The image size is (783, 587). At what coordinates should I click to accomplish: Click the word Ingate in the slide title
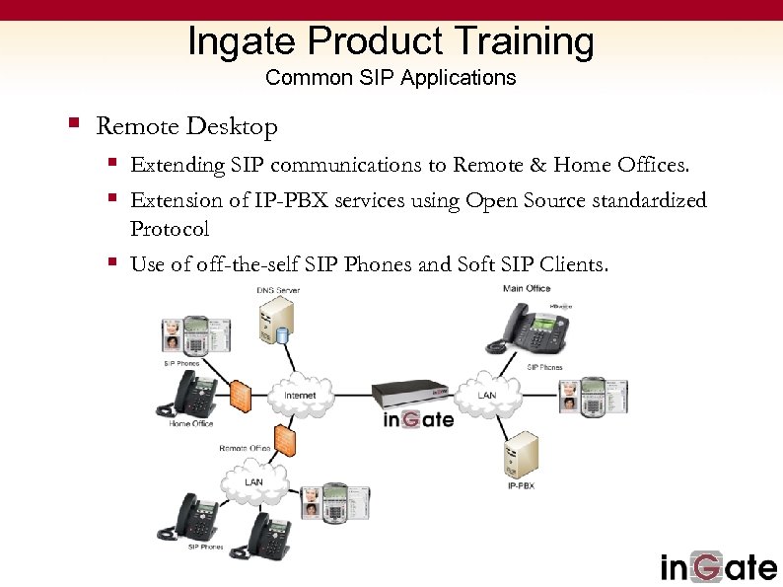(243, 41)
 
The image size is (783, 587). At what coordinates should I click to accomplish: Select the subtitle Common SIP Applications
(391, 77)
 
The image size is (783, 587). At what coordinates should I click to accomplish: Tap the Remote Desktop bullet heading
(186, 126)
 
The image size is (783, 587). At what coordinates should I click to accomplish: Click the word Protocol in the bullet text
(170, 229)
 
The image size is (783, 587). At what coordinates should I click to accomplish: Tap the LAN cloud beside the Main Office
(487, 394)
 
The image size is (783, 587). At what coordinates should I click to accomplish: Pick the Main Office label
(527, 288)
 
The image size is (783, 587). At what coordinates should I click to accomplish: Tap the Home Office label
(191, 424)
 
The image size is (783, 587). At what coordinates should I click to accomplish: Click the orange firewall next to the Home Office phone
(241, 395)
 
